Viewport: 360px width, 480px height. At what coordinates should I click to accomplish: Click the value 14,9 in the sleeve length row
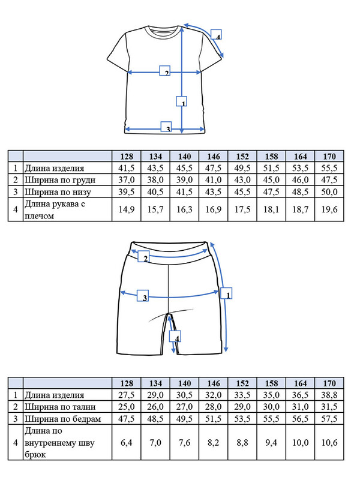[x=127, y=210]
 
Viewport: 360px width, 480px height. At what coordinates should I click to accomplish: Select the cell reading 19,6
[x=329, y=210]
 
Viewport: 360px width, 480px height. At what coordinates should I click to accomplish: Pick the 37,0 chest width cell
[x=127, y=180]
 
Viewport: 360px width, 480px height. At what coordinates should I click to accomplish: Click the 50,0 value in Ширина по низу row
[x=329, y=191]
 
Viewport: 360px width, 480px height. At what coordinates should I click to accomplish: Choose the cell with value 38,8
[x=329, y=395]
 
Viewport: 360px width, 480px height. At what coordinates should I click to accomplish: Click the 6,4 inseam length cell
[x=127, y=443]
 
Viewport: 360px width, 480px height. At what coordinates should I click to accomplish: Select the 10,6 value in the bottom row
[x=329, y=443]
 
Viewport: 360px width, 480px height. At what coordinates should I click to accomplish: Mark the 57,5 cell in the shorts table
[x=329, y=418]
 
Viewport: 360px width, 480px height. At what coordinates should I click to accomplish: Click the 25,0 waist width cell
[x=127, y=407]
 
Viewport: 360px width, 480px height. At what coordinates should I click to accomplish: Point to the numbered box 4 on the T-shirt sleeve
[x=217, y=35]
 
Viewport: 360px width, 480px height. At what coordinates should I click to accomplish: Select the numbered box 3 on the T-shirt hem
[x=167, y=127]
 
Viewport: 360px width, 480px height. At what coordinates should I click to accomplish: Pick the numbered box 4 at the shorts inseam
[x=176, y=338]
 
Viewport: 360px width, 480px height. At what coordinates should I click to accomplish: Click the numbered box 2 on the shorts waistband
[x=143, y=258]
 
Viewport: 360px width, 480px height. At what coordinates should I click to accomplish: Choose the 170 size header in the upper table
[x=329, y=156]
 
